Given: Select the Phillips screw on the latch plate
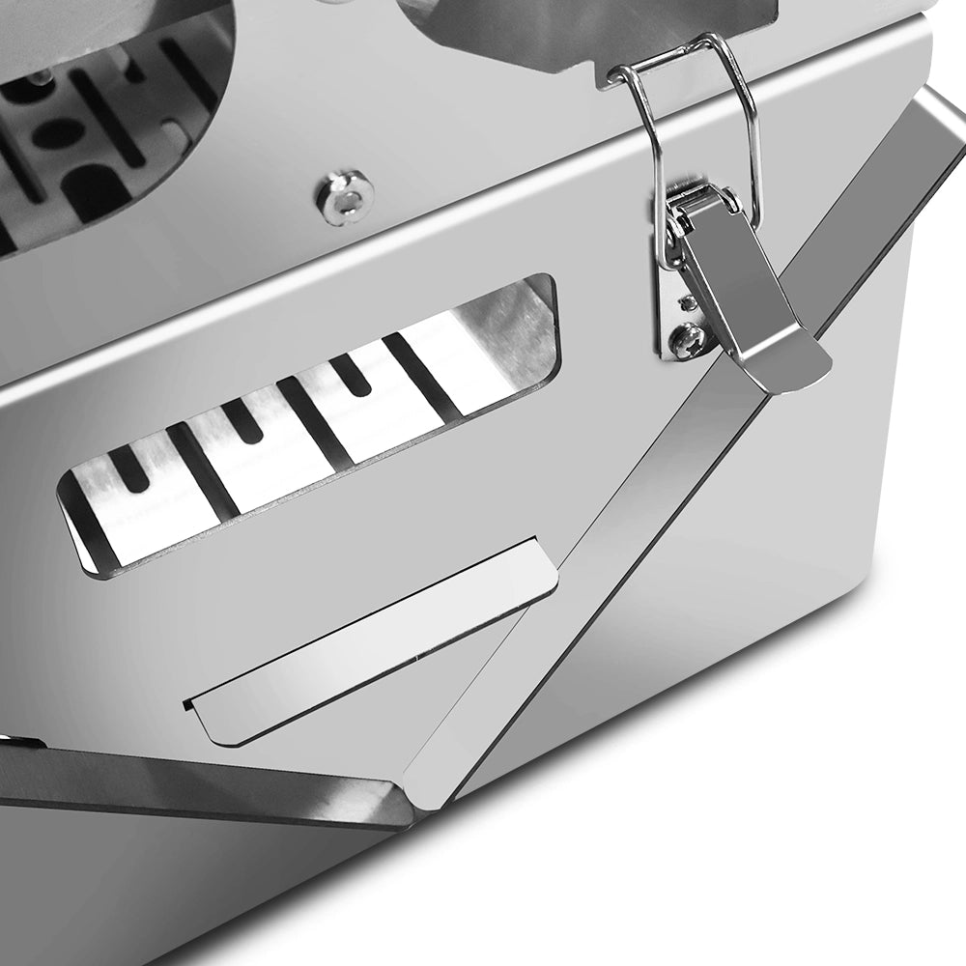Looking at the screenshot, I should point(689,341).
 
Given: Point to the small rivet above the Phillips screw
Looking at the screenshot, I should point(688,302).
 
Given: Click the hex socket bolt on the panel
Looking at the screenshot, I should point(345,197).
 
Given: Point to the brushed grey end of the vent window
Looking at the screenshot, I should point(517,333).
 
